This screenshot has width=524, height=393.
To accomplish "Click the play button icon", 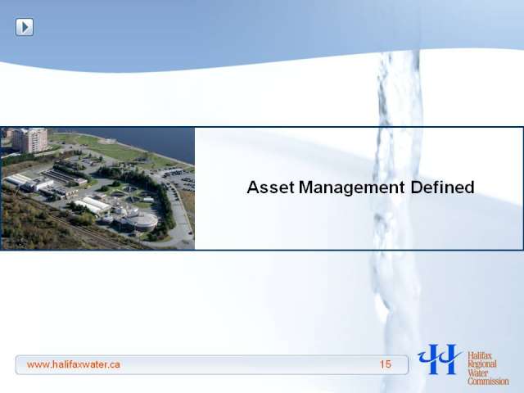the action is [25, 27].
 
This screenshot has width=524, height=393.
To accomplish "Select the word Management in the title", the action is [351, 188].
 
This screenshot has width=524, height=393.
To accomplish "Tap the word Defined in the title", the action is [442, 187].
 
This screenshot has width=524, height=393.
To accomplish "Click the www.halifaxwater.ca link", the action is [73, 364].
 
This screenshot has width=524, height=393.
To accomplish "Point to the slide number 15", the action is [385, 364].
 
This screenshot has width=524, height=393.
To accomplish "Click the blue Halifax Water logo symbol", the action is [440, 359].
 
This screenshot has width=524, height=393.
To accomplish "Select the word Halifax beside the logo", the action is [477, 355].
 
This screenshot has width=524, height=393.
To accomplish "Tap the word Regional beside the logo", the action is [482, 364].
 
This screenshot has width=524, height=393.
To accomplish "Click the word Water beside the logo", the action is [478, 373].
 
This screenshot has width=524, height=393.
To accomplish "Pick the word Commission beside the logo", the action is [488, 381].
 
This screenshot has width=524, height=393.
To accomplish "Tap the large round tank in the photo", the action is [144, 221].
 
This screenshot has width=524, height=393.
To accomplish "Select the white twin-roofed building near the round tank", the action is [93, 206].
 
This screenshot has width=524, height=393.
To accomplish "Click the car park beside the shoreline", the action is [177, 179].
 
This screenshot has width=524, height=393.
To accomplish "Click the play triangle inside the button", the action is [25, 27].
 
